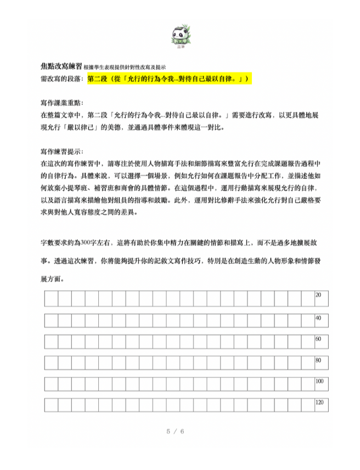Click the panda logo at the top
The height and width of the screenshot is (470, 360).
[180, 36]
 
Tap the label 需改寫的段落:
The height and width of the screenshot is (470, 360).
[63, 79]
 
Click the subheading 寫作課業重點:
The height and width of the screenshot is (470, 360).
[63, 103]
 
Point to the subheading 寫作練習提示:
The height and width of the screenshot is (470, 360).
[63, 151]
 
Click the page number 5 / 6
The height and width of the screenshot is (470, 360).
[175, 431]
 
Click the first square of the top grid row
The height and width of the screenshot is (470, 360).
[51, 298]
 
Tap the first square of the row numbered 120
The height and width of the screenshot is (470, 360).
[51, 405]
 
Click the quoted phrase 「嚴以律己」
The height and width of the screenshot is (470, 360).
[90, 127]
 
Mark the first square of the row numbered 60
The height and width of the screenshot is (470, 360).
[51, 342]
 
